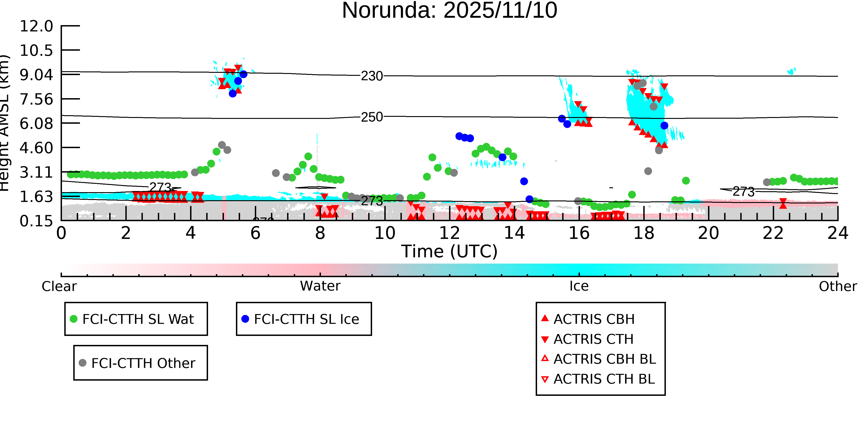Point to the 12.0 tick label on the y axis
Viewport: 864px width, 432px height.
[x=36, y=26]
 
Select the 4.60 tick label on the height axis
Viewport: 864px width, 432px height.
[x=36, y=148]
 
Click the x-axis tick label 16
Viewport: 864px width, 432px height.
[x=579, y=233]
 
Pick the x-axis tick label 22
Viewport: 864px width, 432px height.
[x=773, y=233]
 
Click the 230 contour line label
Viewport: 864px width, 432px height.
[x=372, y=76]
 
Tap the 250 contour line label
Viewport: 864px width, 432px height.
[x=372, y=117]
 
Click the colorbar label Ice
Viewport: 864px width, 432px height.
[x=579, y=286]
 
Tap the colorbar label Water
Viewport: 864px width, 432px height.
[x=320, y=286]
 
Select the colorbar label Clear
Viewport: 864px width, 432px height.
[x=59, y=286]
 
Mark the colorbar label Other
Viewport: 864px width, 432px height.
[x=838, y=286]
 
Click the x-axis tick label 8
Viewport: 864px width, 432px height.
[x=320, y=233]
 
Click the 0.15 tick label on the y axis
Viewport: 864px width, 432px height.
[x=36, y=221]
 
